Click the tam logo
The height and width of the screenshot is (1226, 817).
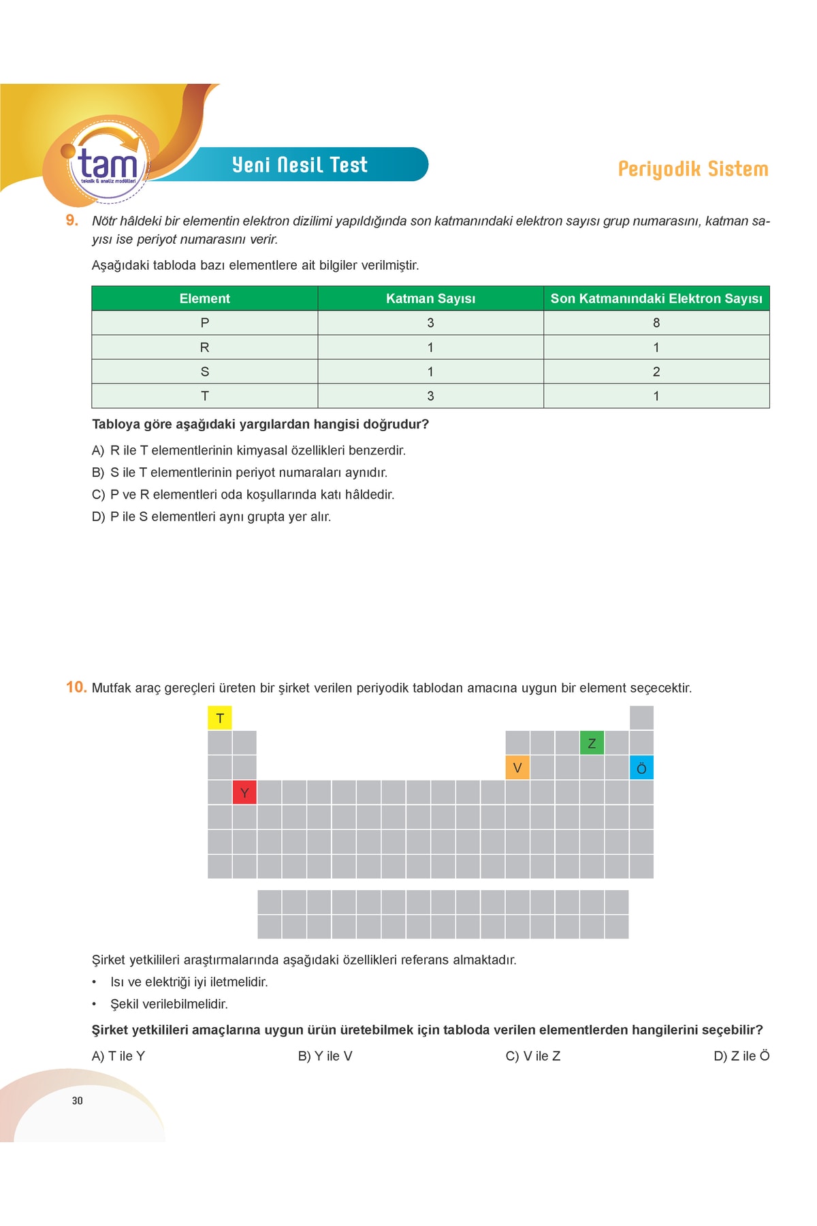pyautogui.click(x=108, y=163)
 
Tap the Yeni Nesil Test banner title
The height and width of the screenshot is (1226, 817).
pyautogui.click(x=300, y=165)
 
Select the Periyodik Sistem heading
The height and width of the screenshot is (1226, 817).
pyautogui.click(x=692, y=169)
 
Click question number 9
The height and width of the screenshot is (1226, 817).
pyautogui.click(x=72, y=220)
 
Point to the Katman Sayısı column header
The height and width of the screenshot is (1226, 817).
pyautogui.click(x=430, y=298)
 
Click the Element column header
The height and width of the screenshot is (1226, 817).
pyautogui.click(x=204, y=298)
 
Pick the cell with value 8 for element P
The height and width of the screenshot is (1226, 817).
pyautogui.click(x=656, y=323)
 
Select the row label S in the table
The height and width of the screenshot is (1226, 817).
pyautogui.click(x=204, y=372)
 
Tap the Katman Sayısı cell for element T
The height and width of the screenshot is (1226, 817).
pyautogui.click(x=430, y=396)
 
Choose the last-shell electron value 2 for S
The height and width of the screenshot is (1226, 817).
pyautogui.click(x=656, y=372)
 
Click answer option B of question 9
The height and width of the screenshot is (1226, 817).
pyautogui.click(x=239, y=473)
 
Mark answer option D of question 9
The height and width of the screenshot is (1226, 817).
pyautogui.click(x=211, y=517)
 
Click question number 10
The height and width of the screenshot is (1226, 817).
pyautogui.click(x=76, y=687)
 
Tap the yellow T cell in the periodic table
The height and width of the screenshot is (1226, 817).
pyautogui.click(x=220, y=718)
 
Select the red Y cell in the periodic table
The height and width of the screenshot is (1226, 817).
pyautogui.click(x=244, y=793)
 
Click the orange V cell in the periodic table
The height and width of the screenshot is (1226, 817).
pyautogui.click(x=517, y=768)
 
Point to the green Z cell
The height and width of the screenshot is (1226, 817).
pyautogui.click(x=592, y=743)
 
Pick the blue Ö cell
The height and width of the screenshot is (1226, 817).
pyautogui.click(x=641, y=768)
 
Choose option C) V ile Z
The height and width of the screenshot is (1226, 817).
pyautogui.click(x=533, y=1056)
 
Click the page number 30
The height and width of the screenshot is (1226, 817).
pyautogui.click(x=77, y=1101)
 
